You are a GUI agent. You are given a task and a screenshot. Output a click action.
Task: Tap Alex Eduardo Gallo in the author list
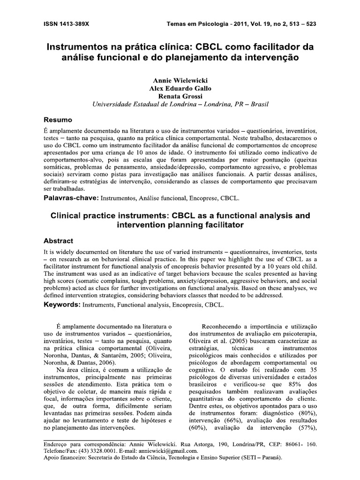180,89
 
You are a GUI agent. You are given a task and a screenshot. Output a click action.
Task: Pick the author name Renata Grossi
180,97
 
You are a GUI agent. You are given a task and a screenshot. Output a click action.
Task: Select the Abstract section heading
58,240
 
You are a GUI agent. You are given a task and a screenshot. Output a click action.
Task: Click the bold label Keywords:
62,305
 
